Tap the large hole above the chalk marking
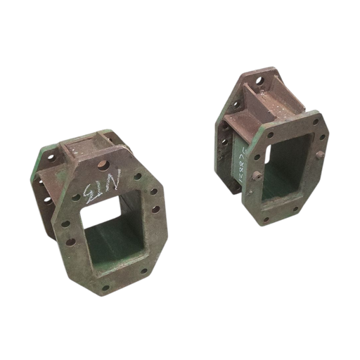103,165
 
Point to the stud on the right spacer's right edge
320,155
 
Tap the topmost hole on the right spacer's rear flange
259,81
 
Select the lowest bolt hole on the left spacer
106,287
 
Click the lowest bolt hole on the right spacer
266,219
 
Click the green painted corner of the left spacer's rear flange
46,156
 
